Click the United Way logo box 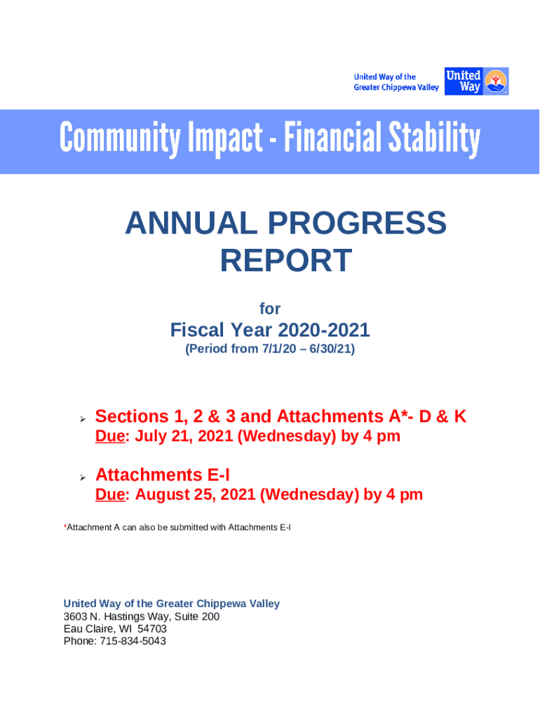[x=476, y=81]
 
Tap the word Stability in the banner [x=434, y=138]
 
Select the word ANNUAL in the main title [x=191, y=223]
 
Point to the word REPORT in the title [x=286, y=261]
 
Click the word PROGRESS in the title [x=357, y=223]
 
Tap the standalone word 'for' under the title [x=270, y=309]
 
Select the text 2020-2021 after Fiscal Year [x=324, y=330]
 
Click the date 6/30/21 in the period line [x=330, y=349]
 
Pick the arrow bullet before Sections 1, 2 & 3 [x=83, y=419]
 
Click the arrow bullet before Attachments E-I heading [x=83, y=477]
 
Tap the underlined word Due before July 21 [x=110, y=436]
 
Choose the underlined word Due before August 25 [x=110, y=494]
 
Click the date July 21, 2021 [x=184, y=436]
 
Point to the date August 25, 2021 [x=195, y=494]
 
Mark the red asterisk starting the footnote [x=65, y=526]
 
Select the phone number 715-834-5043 [x=133, y=641]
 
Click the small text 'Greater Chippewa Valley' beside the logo [x=396, y=88]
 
